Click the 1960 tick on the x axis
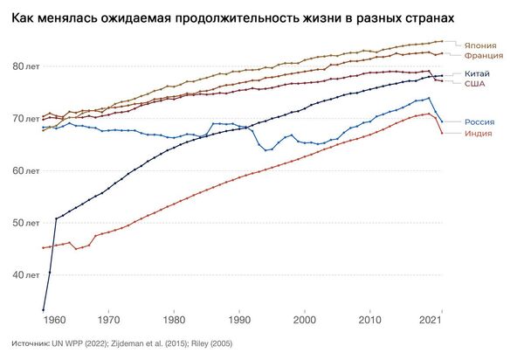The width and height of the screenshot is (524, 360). (x=56, y=322)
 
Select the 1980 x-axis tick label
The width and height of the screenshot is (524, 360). (x=174, y=322)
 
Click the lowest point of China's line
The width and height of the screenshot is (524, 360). (x=44, y=309)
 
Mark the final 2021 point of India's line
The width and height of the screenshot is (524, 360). (x=443, y=133)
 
